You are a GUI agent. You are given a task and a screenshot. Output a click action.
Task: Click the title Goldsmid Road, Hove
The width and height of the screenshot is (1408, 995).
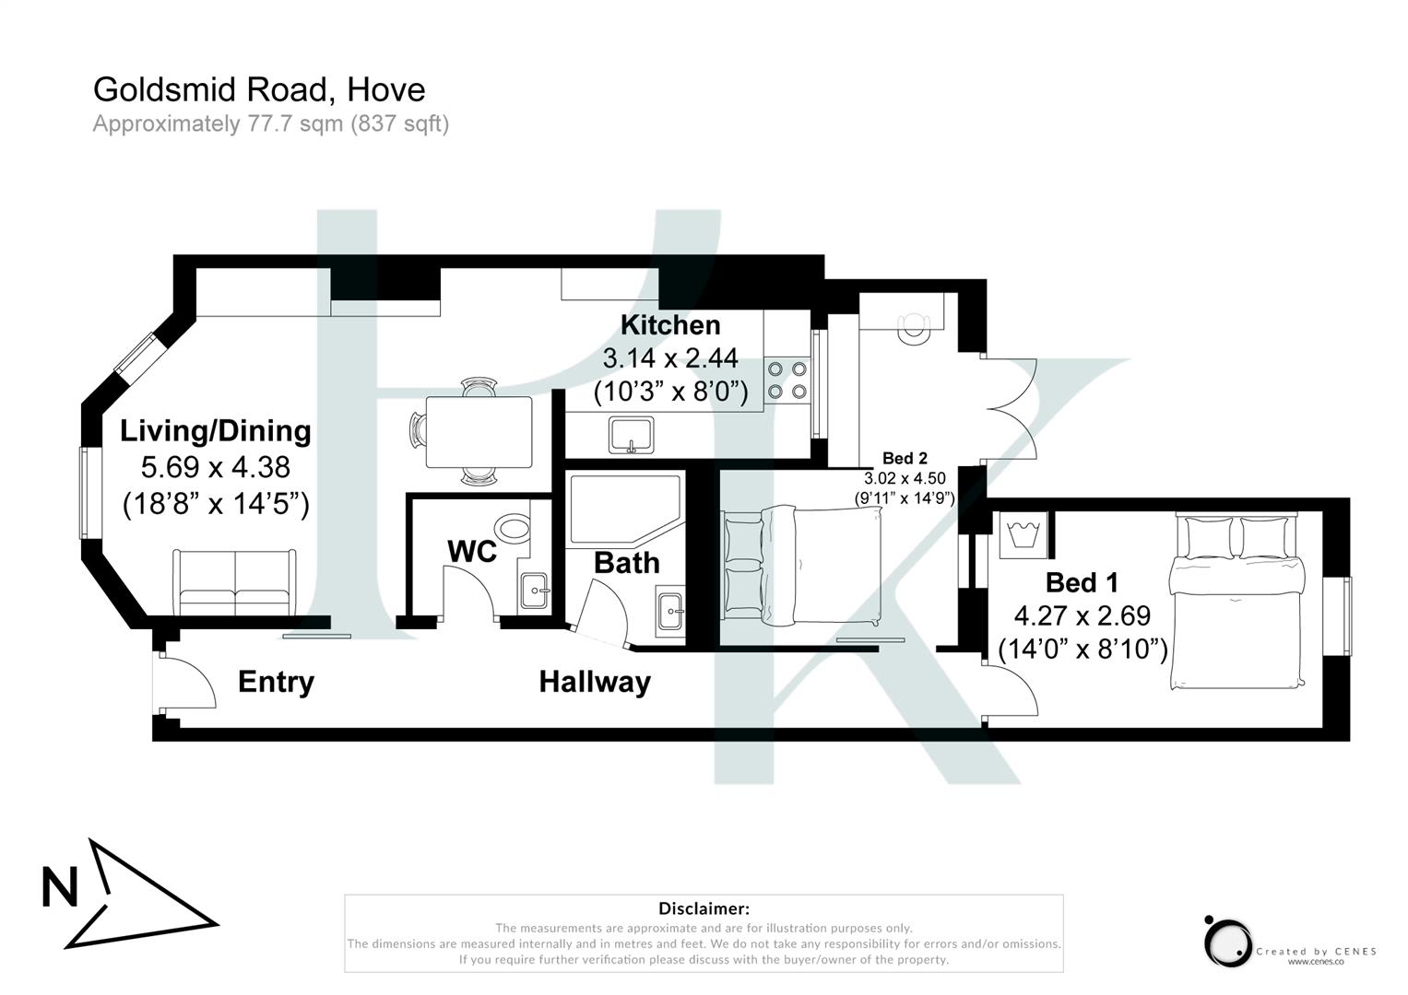pos(259,89)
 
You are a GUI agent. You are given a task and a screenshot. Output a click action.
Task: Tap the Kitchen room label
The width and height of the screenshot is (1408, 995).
pos(669,325)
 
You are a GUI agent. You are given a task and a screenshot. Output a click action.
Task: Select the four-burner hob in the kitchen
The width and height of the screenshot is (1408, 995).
pos(787,380)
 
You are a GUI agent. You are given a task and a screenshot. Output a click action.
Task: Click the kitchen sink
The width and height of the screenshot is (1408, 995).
pos(631,434)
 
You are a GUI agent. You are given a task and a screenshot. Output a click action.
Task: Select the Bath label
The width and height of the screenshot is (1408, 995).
pos(626,563)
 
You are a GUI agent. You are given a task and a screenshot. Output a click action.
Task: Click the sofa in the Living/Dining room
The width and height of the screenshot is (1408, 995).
pos(235,585)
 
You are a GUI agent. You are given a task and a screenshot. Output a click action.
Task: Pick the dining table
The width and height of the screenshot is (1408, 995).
pos(478,431)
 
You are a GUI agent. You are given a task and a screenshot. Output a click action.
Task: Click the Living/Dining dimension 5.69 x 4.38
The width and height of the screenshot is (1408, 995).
pos(215,467)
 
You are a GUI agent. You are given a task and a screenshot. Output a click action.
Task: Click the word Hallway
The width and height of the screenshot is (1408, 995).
pos(595,682)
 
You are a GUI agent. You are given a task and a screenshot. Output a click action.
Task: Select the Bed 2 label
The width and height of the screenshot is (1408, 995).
pos(905,458)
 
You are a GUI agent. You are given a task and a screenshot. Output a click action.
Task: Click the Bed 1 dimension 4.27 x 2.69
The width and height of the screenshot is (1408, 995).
pos(1083,615)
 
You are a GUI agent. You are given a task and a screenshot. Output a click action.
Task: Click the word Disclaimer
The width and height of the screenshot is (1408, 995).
pos(704,908)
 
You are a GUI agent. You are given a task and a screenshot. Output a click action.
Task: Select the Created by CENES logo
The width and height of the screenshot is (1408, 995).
pos(1227,942)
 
